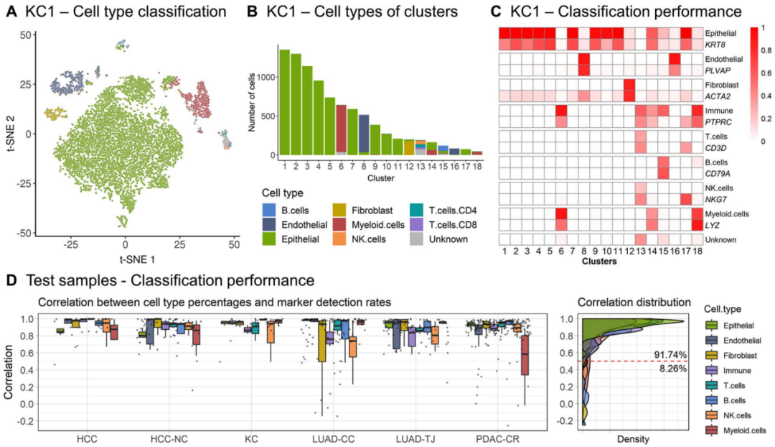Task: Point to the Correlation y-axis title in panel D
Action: pyautogui.click(x=10, y=370)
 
